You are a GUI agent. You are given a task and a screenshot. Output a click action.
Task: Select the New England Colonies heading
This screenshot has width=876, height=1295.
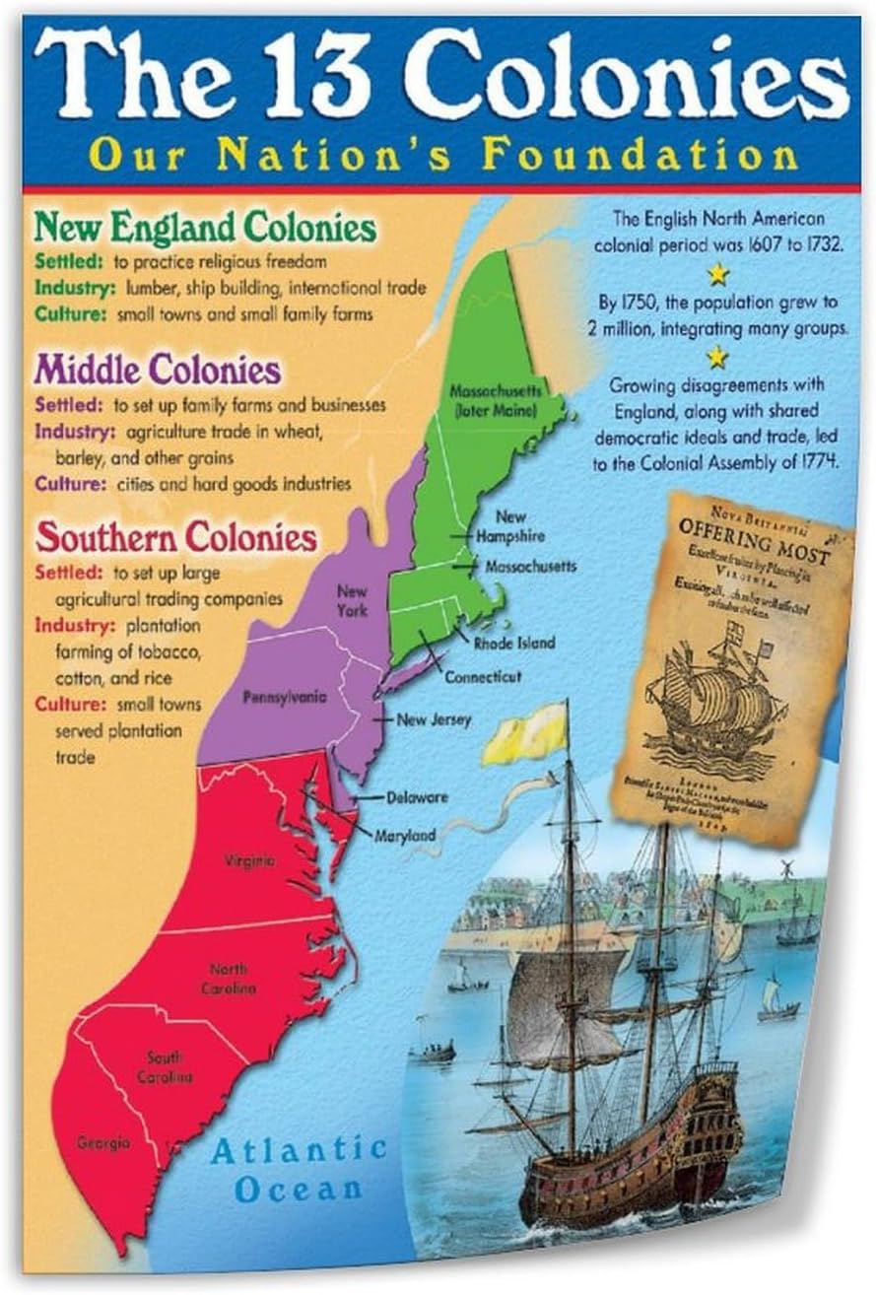(x=205, y=228)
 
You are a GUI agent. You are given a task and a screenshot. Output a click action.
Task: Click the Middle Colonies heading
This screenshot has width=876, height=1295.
(x=158, y=371)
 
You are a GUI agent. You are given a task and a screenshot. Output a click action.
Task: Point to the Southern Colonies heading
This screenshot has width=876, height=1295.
(x=176, y=538)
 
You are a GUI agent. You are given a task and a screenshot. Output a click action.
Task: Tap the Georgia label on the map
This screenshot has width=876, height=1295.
(x=103, y=1142)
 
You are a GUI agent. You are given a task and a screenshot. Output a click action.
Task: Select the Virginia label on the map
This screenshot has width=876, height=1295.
(x=249, y=860)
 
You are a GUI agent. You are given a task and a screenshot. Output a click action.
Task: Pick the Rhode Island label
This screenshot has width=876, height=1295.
(x=513, y=643)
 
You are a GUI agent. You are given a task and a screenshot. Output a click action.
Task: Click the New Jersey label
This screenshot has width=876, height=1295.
(x=434, y=719)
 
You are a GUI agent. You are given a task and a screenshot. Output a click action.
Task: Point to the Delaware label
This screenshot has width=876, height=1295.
(x=417, y=796)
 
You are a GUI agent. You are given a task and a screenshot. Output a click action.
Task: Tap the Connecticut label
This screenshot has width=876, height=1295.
(x=483, y=678)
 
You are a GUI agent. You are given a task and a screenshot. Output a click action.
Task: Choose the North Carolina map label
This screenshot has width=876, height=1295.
(x=233, y=979)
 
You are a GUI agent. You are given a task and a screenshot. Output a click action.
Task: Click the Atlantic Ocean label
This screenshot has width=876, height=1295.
(x=299, y=1168)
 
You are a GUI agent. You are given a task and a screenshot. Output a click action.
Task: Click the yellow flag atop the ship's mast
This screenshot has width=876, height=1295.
(x=525, y=734)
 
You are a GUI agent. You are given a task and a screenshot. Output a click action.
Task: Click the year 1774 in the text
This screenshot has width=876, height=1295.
(x=813, y=462)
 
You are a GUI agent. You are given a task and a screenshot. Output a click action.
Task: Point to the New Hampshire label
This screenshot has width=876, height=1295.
(x=509, y=526)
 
